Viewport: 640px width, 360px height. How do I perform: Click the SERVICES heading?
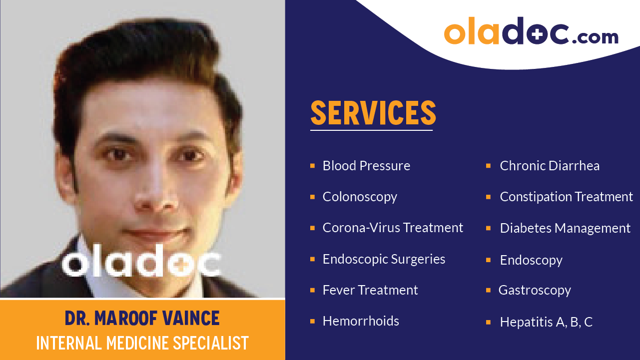tap(373, 113)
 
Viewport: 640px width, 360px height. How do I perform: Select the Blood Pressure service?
tap(366, 166)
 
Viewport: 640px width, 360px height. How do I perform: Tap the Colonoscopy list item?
tap(360, 197)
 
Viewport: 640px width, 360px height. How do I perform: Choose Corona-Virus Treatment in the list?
tap(393, 228)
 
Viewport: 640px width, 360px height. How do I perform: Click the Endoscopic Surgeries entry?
tap(384, 259)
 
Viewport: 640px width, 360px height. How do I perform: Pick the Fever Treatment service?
tap(370, 290)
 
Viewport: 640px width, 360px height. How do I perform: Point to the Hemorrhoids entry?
tap(361, 321)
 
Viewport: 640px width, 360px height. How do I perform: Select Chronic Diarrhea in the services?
tap(550, 166)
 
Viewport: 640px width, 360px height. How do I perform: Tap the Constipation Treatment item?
tap(566, 197)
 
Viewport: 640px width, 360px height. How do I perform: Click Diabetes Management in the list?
tap(565, 228)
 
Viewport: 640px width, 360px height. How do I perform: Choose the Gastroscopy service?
tap(535, 290)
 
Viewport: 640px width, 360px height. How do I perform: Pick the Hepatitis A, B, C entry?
tap(546, 322)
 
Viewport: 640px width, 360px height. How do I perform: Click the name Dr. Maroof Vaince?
tap(142, 318)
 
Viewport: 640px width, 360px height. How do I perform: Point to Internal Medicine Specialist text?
tap(142, 343)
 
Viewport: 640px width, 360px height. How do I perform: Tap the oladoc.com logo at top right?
tap(531, 31)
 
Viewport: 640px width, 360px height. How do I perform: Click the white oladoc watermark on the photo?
tap(142, 261)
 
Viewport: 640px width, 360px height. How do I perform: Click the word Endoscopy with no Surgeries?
tap(531, 260)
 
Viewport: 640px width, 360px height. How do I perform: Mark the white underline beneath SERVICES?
tap(371, 130)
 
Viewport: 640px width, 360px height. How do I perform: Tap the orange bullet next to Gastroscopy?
tap(488, 290)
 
